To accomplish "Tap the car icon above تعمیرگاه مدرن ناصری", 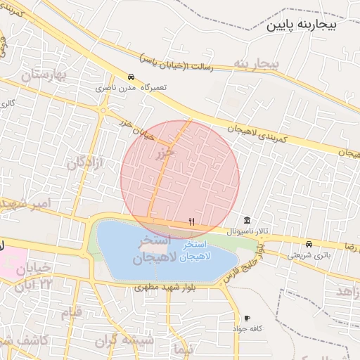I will tap(131, 77).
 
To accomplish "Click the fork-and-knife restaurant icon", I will tap(191, 221).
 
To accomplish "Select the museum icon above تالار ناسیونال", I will tap(246, 221).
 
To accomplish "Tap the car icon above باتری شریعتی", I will tap(309, 244).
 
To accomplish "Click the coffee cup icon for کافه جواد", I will tap(246, 318).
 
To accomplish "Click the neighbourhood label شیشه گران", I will tap(127, 340).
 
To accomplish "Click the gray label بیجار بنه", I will tap(258, 64).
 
